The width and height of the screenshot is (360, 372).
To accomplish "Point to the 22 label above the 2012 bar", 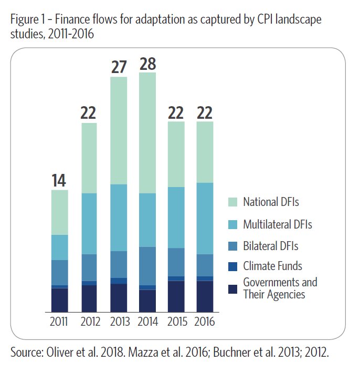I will [x=90, y=113].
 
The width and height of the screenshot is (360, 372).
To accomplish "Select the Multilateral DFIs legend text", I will [x=278, y=224].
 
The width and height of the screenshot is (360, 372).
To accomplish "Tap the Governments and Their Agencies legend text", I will [x=280, y=288].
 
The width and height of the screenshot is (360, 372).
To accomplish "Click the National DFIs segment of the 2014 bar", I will [x=147, y=132].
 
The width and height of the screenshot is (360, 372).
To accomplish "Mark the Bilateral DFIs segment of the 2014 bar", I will [x=147, y=265].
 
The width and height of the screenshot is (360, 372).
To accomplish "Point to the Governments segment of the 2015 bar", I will [x=177, y=295].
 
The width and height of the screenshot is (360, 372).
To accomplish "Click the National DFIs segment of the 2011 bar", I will [x=59, y=212].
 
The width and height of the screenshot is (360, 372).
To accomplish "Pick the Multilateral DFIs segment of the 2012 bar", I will [x=90, y=223].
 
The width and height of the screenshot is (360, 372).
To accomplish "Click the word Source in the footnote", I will [x=24, y=352].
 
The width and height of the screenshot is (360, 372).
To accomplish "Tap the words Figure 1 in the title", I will [x=27, y=20].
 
